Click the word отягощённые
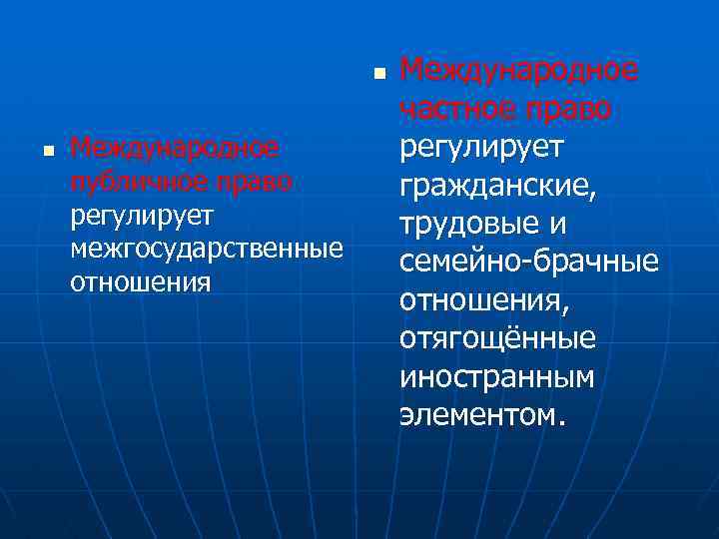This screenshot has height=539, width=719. point(497,338)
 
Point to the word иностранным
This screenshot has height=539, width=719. point(496,376)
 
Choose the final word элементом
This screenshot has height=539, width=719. point(480,414)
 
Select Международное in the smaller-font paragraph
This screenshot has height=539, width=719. point(172,150)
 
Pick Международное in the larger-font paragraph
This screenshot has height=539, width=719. point(518,70)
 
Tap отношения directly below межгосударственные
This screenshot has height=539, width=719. point(140,280)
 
